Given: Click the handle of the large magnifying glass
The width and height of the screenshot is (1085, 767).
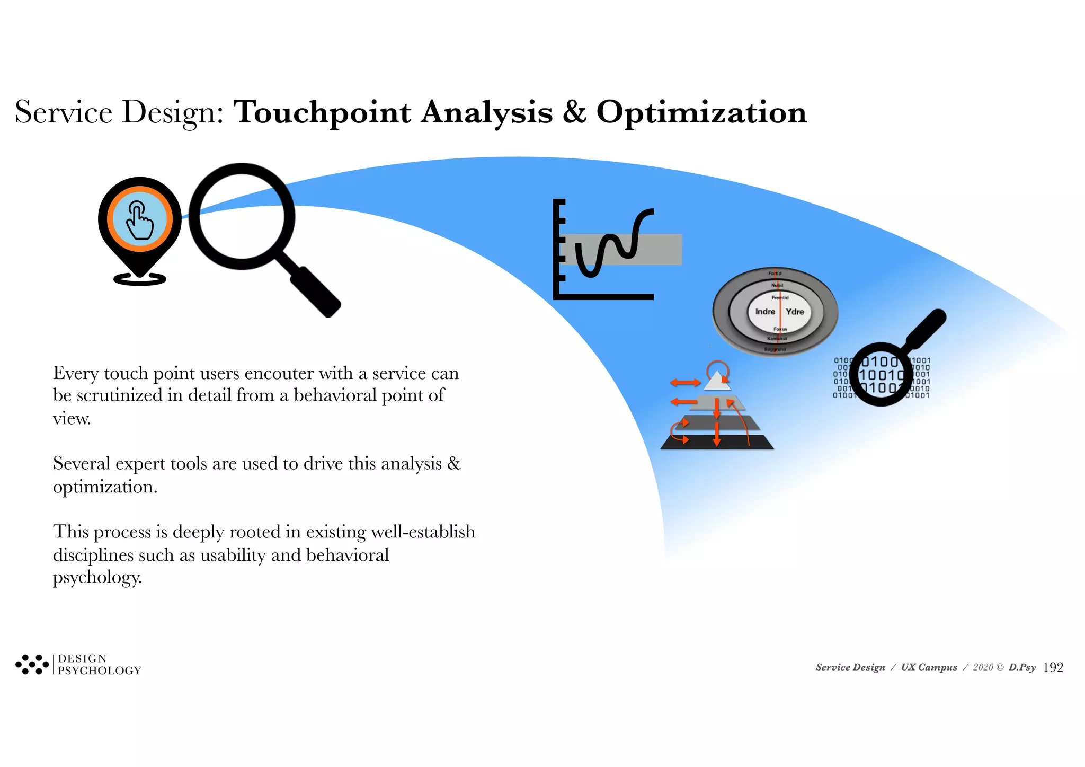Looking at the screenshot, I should (315, 292).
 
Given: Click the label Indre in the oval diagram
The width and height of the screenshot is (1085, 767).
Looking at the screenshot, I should (764, 312).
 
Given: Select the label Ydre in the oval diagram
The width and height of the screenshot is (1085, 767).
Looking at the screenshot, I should (795, 312).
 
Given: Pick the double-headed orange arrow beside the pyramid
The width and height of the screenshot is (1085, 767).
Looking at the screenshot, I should (685, 382).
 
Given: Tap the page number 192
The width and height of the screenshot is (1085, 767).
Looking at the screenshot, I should (1053, 667).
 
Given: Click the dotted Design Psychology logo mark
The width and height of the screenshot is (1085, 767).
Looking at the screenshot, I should (32, 664).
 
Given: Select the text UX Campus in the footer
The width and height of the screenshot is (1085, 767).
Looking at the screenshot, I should (929, 667).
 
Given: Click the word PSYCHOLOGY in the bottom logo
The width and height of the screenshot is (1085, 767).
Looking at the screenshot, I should (100, 671).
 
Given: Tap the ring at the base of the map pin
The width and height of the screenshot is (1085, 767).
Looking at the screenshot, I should (140, 279).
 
